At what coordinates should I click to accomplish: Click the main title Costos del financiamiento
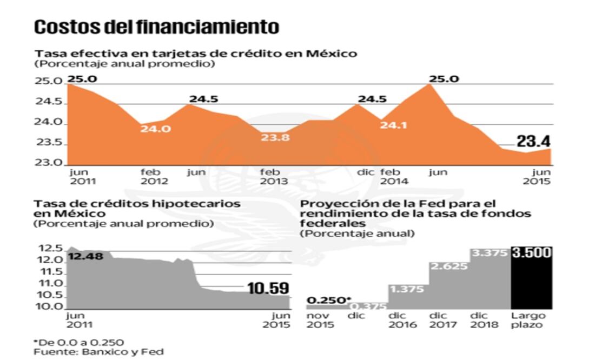(x=157, y=27)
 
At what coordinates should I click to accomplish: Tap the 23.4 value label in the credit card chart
(x=533, y=142)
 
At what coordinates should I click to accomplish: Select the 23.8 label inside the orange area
(x=275, y=137)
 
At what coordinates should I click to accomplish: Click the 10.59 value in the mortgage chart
(x=268, y=289)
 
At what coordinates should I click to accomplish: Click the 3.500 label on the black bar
(x=531, y=253)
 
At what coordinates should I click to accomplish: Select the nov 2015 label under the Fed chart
(x=321, y=320)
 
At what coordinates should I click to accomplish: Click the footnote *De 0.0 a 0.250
(x=79, y=342)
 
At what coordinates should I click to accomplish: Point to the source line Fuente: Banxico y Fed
(x=98, y=351)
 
